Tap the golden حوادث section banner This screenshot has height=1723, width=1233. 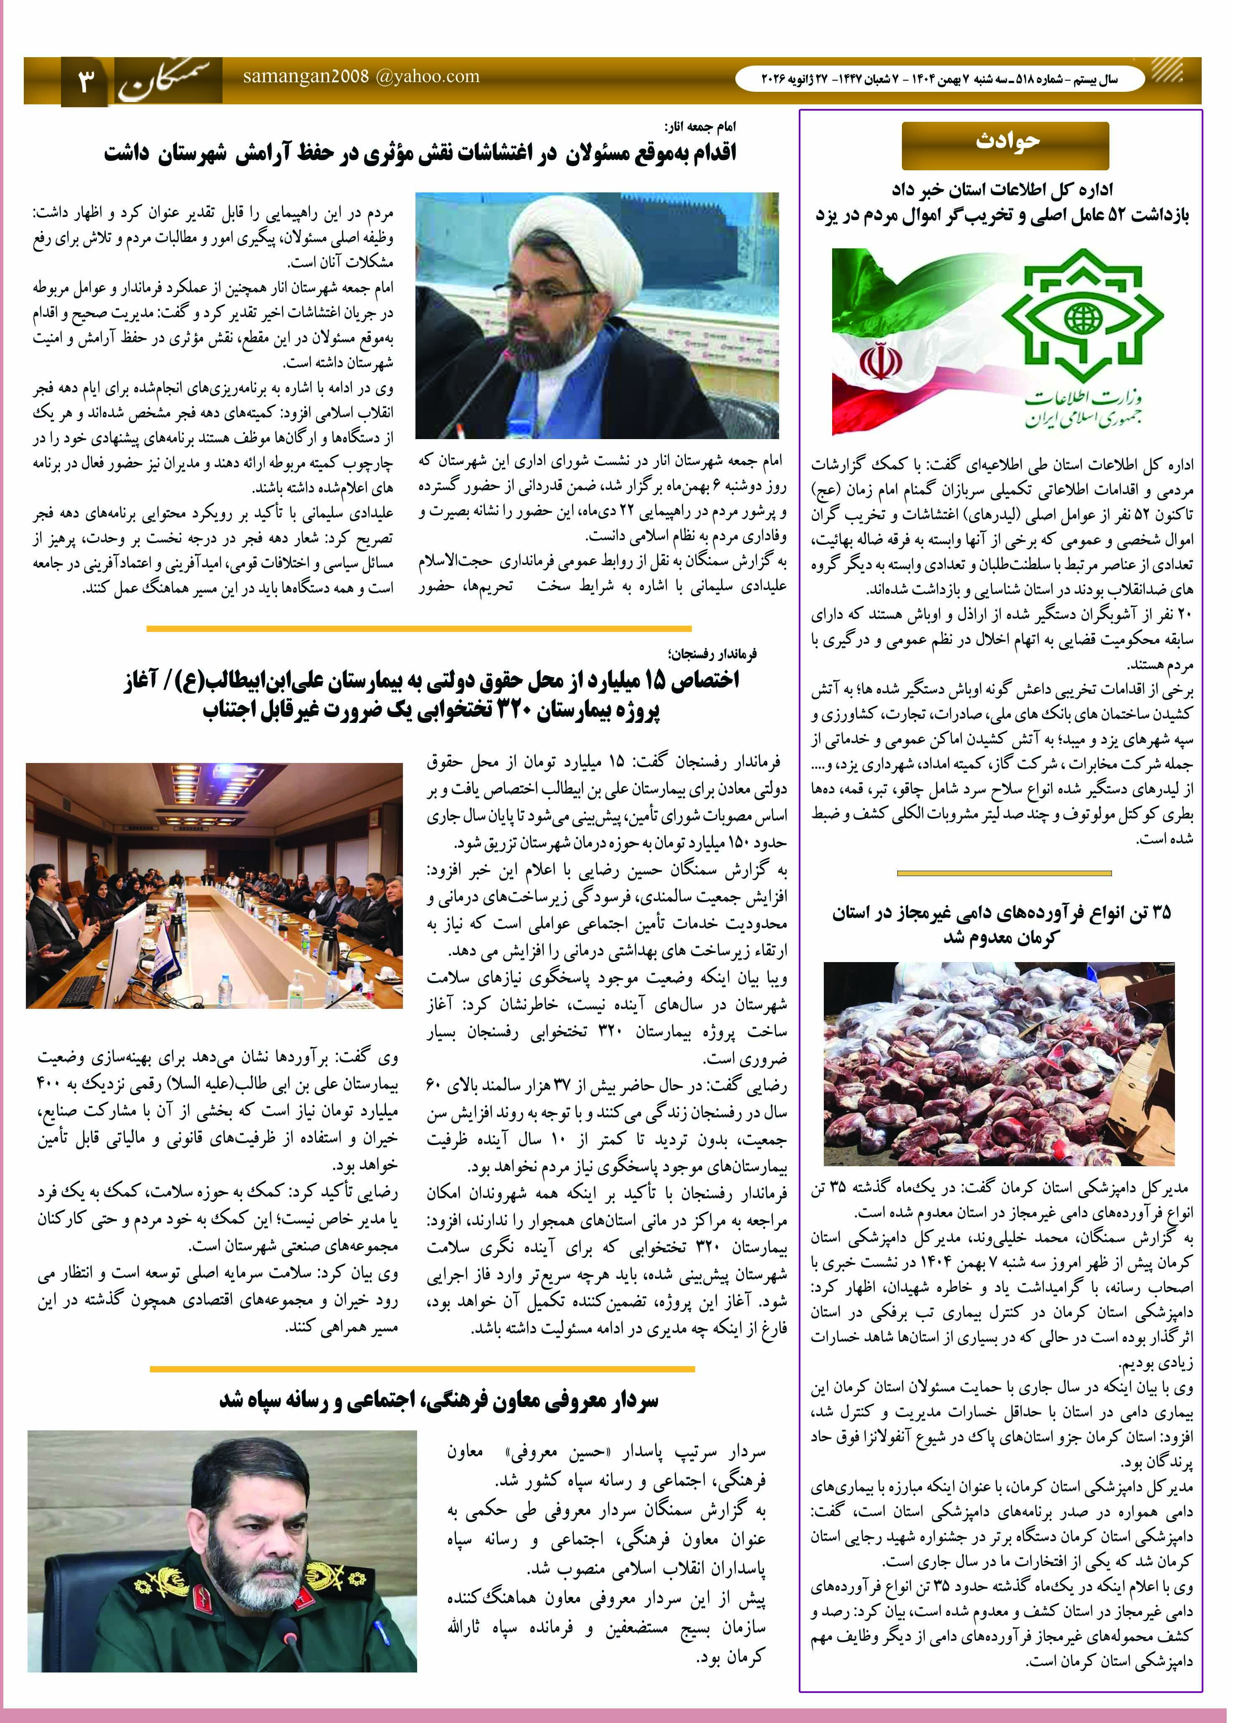point(1005,144)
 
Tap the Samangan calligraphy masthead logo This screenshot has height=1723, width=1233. point(169,82)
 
